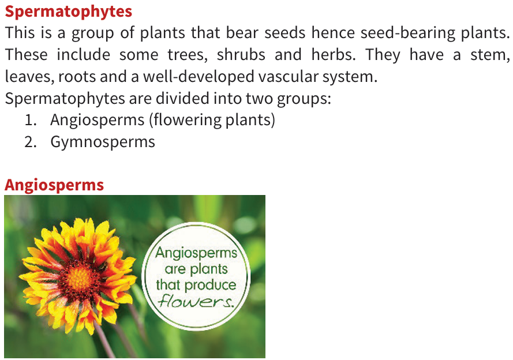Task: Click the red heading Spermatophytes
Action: (x=68, y=12)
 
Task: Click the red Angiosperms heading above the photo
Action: (x=54, y=185)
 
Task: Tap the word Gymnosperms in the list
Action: (x=103, y=142)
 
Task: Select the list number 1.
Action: (x=30, y=120)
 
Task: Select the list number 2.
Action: (x=30, y=142)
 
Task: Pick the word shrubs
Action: (x=241, y=55)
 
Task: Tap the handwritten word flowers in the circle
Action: (x=196, y=301)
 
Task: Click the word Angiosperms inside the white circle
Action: (x=196, y=253)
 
